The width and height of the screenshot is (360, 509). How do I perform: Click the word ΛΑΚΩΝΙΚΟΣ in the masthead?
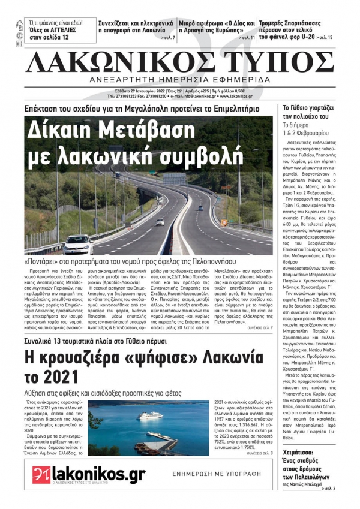(x=107, y=63)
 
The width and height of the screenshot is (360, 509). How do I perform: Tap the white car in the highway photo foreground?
(x=78, y=244)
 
